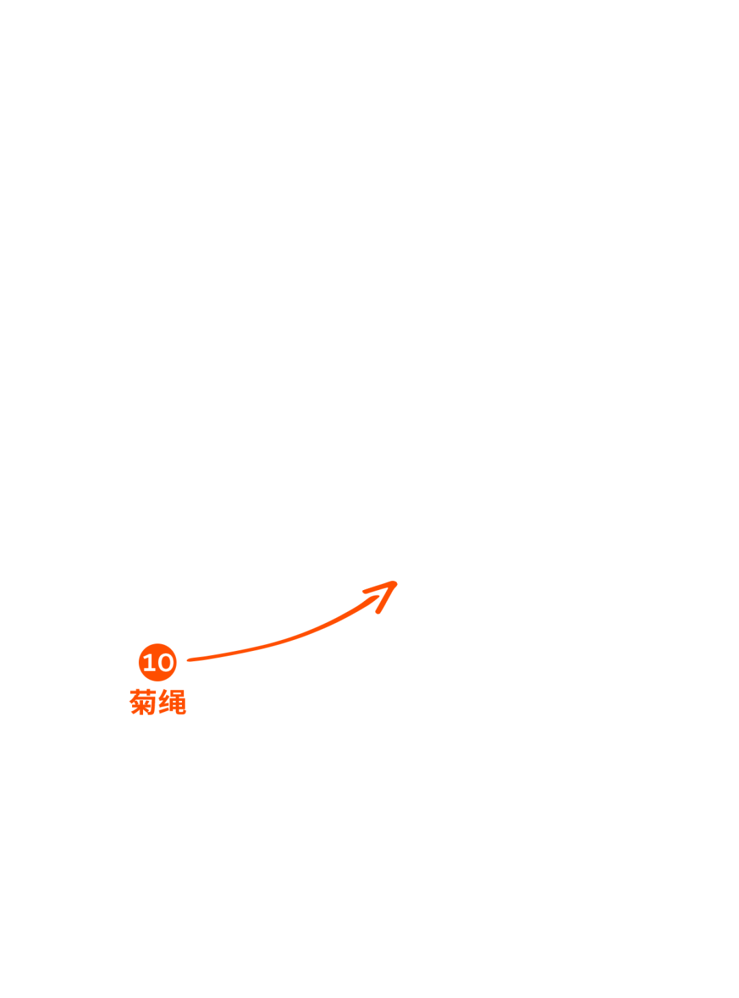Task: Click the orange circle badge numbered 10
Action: tap(157, 663)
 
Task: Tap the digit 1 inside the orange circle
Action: tap(148, 663)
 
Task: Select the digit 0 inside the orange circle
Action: tap(164, 663)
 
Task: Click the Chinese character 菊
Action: tap(144, 702)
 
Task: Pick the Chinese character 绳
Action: tap(172, 702)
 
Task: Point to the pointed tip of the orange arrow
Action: tap(396, 582)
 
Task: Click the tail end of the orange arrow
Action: tap(189, 660)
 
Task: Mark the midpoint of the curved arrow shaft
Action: tap(294, 638)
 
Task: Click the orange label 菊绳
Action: tap(158, 702)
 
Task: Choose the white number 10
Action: tap(157, 663)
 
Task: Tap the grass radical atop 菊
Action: tap(144, 692)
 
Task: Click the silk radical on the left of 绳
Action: tap(165, 703)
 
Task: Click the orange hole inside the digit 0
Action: tap(164, 663)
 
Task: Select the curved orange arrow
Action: tap(294, 638)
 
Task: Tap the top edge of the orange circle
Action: tap(157, 645)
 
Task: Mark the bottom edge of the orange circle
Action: tap(157, 681)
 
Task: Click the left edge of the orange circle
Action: tap(140, 663)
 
